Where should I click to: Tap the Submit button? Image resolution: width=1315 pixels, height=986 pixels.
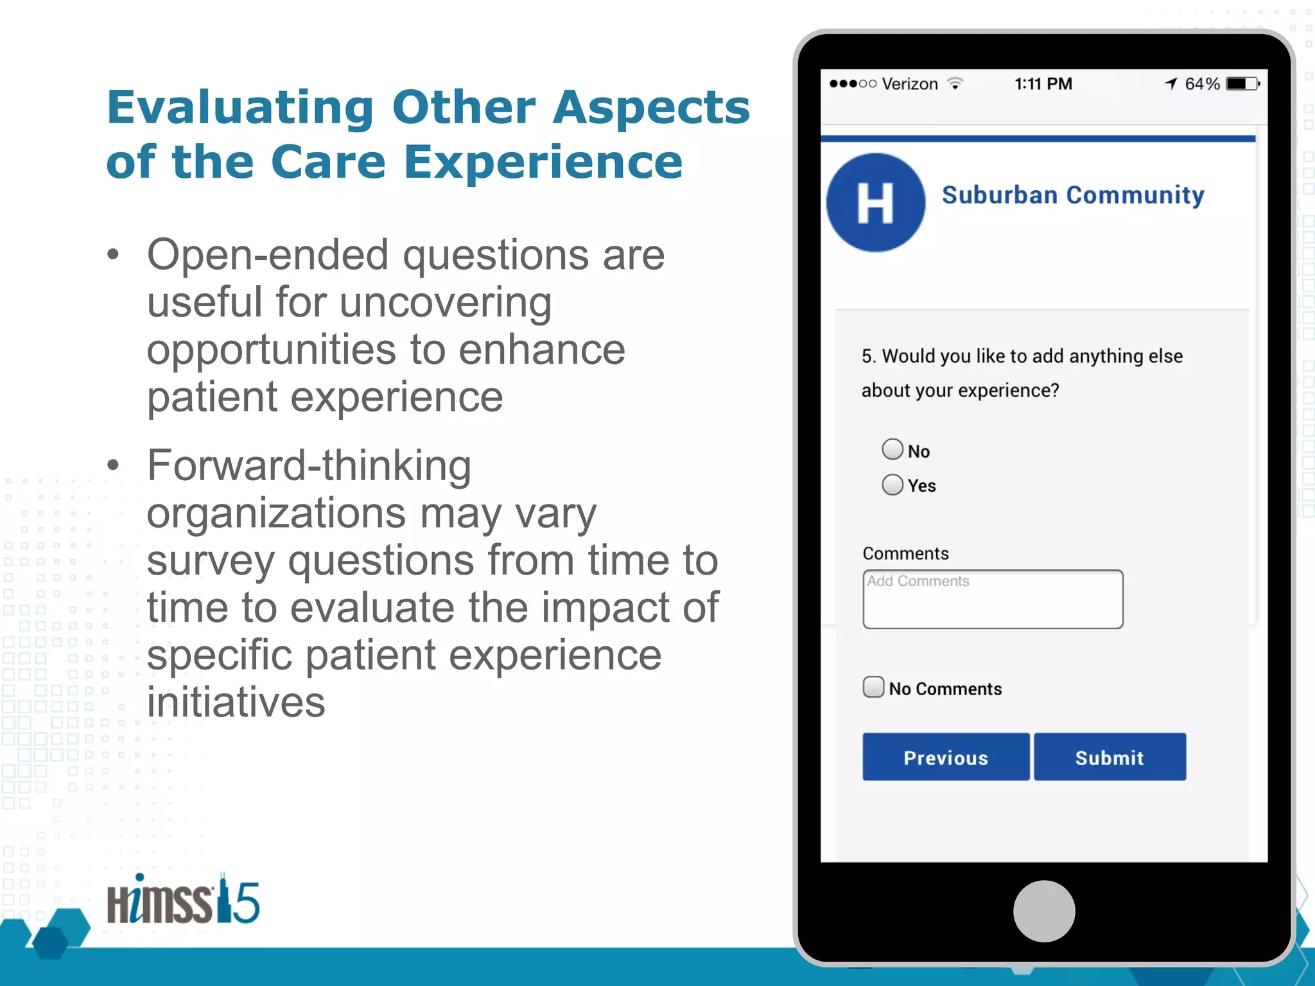[1109, 757]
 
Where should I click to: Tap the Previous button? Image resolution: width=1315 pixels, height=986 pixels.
[945, 757]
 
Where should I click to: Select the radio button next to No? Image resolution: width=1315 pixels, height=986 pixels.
[892, 449]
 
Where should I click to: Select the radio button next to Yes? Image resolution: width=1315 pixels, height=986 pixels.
[892, 485]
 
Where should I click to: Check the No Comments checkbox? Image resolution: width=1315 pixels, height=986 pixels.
[873, 687]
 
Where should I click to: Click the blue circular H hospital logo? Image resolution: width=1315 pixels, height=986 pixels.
[875, 202]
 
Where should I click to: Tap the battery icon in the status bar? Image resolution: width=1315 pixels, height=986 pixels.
[1242, 84]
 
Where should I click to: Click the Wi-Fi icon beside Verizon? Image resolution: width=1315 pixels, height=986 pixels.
[955, 84]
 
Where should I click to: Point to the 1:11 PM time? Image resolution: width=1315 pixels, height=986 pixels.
[1043, 84]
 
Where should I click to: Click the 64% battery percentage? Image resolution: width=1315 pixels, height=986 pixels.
[1202, 84]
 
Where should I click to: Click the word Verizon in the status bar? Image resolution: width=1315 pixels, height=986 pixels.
[910, 84]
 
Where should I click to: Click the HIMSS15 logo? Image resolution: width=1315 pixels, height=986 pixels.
[183, 901]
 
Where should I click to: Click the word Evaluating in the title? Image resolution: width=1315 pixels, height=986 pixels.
[240, 108]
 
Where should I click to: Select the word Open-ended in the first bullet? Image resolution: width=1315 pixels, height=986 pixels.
[268, 255]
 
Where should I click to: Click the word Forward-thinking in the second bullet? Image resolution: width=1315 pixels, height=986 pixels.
[309, 465]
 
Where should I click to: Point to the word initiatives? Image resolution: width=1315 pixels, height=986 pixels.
[236, 702]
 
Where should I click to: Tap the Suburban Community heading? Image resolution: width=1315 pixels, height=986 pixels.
[1072, 195]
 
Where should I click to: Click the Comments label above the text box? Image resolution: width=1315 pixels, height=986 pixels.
[905, 553]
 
